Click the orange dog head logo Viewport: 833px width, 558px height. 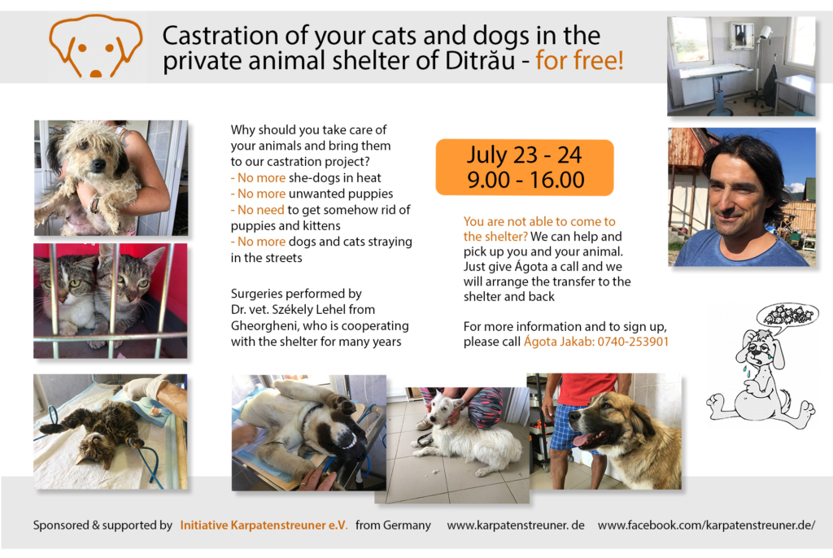[x=96, y=46]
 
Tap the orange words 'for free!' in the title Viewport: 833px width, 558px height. [x=579, y=60]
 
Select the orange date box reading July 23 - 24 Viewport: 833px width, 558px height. [x=525, y=168]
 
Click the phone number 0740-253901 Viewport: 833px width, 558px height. [x=633, y=342]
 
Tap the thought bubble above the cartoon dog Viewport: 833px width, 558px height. [x=787, y=314]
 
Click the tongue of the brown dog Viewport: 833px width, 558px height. [x=585, y=440]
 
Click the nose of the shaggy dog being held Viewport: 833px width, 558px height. [x=98, y=165]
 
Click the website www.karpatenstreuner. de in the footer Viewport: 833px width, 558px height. [x=515, y=525]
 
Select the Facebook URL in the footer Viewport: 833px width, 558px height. [x=706, y=525]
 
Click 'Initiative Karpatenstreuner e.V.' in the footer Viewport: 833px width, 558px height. [x=264, y=525]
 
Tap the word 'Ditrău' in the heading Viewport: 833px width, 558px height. [x=480, y=60]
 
